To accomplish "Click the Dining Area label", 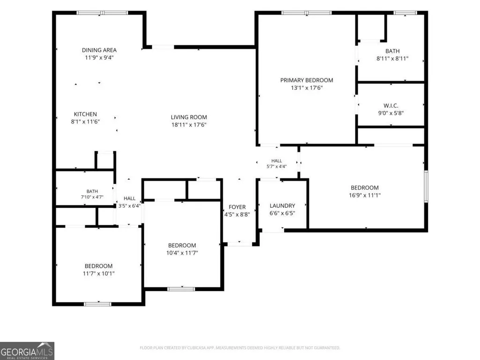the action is coord(99,50).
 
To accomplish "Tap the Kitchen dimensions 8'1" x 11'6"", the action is coord(85,122).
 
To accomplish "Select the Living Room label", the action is coord(189,117).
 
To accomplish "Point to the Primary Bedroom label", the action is coord(307,80).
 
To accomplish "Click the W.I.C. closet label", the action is coord(391,106).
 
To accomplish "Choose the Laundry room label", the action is coord(282,206).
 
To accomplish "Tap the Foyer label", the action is coord(237,207).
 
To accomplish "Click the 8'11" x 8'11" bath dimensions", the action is coord(392,59).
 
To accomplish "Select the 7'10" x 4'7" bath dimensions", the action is coord(92,197).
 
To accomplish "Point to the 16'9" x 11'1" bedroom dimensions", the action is coord(365,195).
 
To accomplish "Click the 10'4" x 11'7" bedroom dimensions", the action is coord(182,253).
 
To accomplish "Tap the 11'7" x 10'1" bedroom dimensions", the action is coord(98,273).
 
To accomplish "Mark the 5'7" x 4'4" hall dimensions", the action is coord(277,167).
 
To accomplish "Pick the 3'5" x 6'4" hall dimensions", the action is coord(130,206).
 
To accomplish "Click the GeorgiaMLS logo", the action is coord(27,351).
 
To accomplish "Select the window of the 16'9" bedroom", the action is coord(426,186).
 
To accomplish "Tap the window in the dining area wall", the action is coord(102,13).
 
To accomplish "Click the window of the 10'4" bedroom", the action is coord(181,289).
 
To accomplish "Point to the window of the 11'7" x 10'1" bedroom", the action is coord(98,304).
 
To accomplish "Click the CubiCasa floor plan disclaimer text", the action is coord(240,348).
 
